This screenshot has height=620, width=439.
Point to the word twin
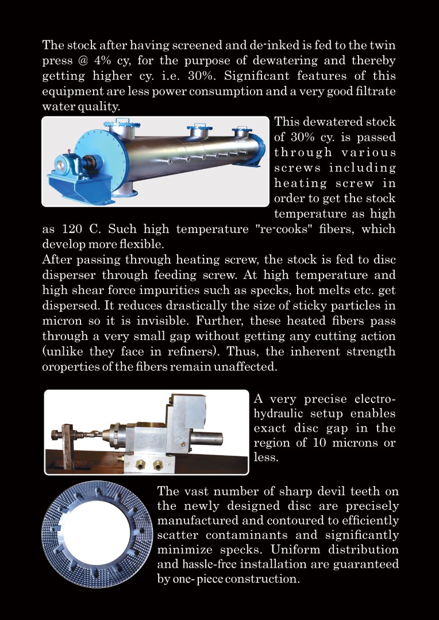[x=380, y=45]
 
